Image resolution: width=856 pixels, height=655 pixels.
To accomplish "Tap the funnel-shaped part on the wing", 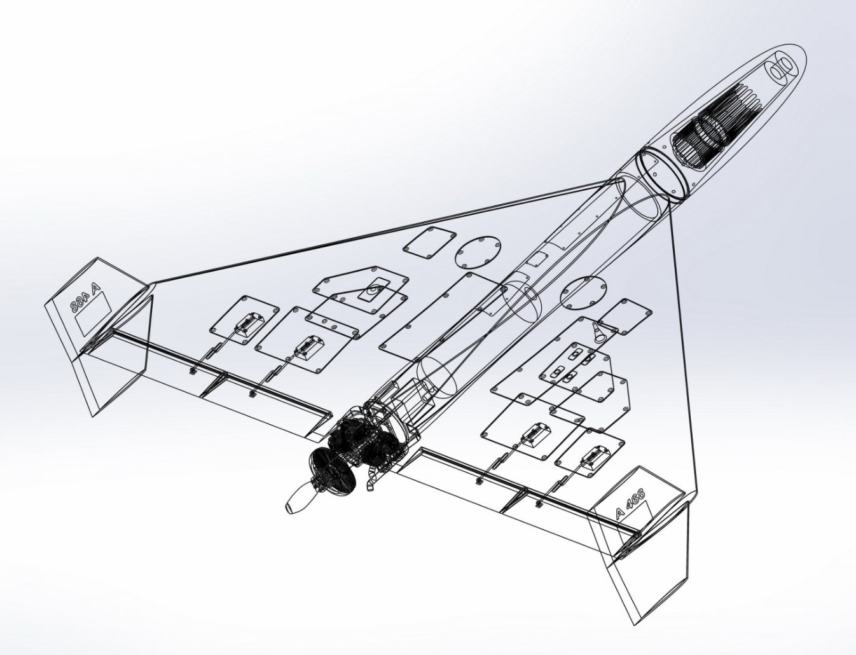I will pos(598,334).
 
